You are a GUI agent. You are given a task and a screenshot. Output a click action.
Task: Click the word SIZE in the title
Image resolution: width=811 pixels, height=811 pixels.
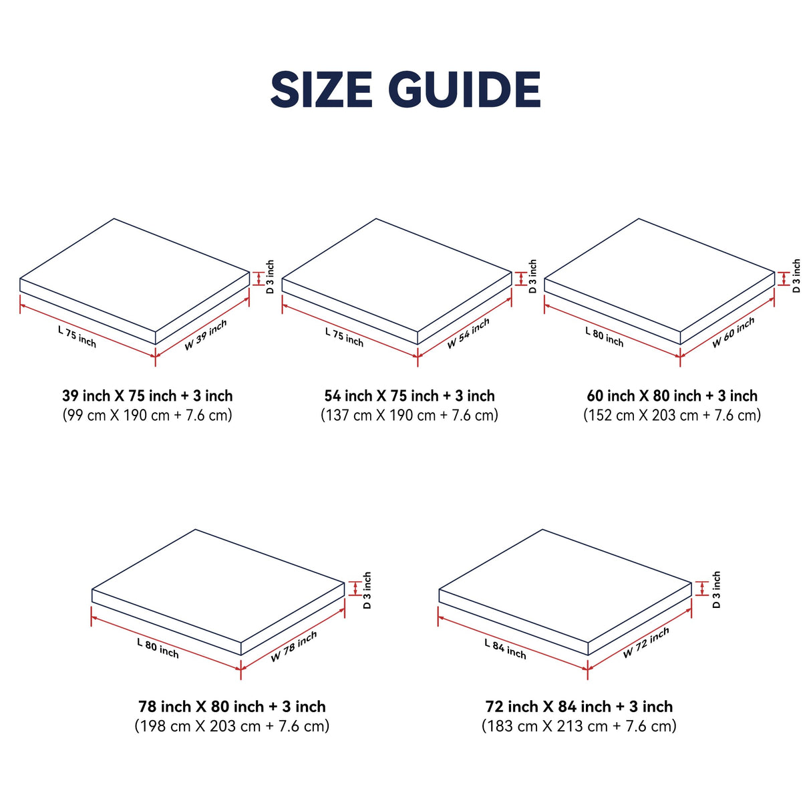tap(321, 90)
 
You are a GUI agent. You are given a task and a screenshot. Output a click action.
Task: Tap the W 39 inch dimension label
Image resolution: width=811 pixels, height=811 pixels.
tap(206, 335)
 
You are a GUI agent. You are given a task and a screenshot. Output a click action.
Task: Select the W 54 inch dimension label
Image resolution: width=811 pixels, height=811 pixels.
tap(468, 333)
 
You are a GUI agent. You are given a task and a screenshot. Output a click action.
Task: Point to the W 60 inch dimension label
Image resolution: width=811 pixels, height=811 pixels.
tap(733, 332)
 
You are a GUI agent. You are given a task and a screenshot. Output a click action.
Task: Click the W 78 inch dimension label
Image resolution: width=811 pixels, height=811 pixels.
tap(294, 646)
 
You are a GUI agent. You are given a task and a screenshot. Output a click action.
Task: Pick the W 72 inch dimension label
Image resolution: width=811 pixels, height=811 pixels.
tap(646, 643)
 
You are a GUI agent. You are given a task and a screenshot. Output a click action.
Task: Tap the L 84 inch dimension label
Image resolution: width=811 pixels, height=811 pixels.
tap(505, 649)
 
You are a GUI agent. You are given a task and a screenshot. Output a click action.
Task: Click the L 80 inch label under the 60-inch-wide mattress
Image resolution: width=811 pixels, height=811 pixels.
tap(605, 336)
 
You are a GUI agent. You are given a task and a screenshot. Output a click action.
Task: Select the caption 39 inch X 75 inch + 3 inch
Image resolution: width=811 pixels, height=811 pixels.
tap(148, 395)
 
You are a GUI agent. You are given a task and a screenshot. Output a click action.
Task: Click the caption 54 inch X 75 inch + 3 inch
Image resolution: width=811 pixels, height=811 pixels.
tap(410, 395)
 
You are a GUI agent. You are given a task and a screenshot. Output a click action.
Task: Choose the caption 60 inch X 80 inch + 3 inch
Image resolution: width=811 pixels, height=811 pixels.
tap(672, 395)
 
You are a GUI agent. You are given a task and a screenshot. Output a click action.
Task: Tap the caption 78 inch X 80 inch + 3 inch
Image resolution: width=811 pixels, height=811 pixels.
tap(232, 706)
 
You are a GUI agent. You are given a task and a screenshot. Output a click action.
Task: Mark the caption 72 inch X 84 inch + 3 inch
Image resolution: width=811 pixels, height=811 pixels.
tap(579, 706)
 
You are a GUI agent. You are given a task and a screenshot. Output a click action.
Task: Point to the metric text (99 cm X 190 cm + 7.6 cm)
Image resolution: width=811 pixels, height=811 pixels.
tap(148, 415)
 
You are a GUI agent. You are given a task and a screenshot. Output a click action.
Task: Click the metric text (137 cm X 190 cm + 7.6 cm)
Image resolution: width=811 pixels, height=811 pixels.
tap(410, 415)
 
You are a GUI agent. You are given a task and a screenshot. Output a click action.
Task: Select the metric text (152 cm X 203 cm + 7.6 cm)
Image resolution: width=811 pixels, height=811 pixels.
tap(672, 415)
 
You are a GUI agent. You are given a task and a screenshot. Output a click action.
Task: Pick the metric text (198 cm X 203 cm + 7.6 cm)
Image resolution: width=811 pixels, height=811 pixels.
tap(232, 725)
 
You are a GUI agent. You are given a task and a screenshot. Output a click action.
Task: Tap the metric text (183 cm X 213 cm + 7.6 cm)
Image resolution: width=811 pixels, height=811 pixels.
tap(579, 725)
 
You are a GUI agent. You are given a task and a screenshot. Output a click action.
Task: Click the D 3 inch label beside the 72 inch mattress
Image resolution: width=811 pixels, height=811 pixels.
tap(716, 589)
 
